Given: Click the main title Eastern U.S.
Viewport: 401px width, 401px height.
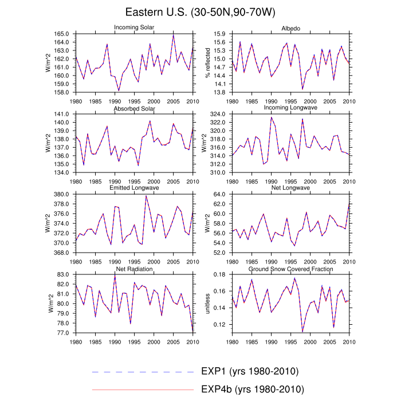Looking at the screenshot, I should (200, 12).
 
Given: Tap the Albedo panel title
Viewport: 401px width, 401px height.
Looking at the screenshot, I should (290, 28).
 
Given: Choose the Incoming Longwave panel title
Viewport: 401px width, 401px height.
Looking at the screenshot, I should (290, 108).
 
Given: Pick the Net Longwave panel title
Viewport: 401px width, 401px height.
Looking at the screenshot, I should (290, 188).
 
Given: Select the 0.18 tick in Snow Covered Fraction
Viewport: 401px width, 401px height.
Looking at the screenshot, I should (220, 274).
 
